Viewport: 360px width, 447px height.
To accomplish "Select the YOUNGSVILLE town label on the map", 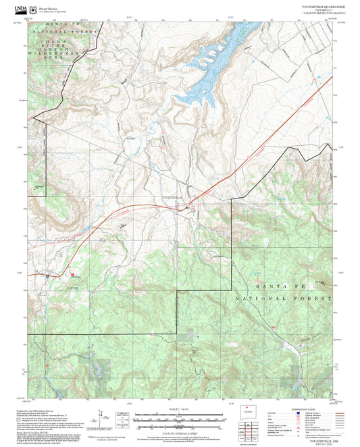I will pyautogui.click(x=174, y=196).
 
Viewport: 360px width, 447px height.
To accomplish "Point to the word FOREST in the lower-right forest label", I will pyautogui.click(x=315, y=298).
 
